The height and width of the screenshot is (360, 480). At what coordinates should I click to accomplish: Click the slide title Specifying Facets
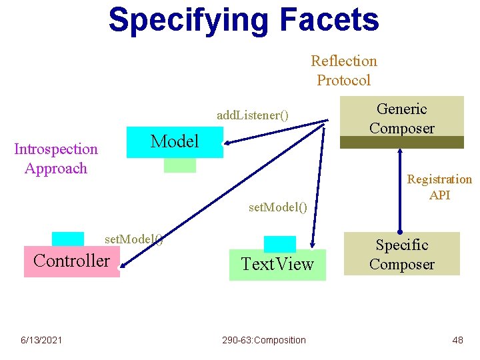tap(243, 20)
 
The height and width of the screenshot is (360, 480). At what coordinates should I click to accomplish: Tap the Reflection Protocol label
tap(343, 71)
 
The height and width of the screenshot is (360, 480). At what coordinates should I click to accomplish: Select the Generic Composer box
tap(402, 117)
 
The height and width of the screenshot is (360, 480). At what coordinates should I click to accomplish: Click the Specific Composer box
tap(402, 254)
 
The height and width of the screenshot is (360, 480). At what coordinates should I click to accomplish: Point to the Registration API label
tap(439, 187)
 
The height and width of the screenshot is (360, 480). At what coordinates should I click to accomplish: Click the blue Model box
tap(175, 141)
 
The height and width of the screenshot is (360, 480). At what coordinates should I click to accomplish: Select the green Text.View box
tap(277, 265)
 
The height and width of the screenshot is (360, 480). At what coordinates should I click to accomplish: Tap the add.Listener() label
tap(253, 115)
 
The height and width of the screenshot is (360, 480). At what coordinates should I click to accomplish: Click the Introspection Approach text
tap(56, 159)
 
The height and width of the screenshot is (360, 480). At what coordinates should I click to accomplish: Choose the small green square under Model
tap(180, 165)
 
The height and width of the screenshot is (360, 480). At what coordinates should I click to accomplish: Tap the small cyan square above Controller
tap(68, 239)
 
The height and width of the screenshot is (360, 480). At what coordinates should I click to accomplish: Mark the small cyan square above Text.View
tap(280, 243)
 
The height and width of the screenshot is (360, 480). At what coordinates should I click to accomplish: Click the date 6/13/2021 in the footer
tap(41, 340)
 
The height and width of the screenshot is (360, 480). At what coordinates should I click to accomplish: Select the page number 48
tap(457, 340)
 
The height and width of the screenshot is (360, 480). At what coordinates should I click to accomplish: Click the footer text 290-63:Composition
tap(264, 340)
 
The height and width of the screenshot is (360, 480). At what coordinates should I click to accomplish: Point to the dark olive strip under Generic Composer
tap(402, 142)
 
